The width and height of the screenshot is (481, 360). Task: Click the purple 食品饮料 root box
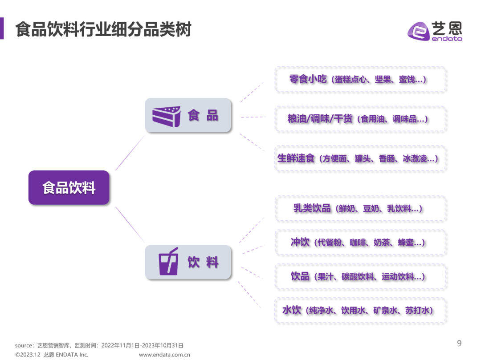point(69,187)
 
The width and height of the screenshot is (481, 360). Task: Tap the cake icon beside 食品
point(166,116)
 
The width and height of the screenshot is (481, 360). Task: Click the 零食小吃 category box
point(360,80)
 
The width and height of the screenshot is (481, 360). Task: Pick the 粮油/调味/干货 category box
point(360,119)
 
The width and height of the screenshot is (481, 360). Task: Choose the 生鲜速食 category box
point(360,158)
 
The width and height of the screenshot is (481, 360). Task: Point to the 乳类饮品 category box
point(360,208)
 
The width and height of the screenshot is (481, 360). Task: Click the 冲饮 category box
point(360,243)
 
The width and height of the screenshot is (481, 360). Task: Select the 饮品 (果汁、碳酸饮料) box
point(360,276)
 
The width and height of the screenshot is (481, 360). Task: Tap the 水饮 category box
point(360,310)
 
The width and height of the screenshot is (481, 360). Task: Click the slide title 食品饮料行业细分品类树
point(103,29)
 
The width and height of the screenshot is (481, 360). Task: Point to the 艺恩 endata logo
point(435,31)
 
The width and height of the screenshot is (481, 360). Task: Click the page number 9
point(459,343)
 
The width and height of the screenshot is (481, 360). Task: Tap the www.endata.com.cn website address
point(164,355)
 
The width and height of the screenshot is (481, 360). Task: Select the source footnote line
point(99,345)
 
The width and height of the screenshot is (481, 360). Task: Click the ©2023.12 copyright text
point(52,355)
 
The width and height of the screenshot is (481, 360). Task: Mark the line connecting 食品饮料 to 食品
point(130,152)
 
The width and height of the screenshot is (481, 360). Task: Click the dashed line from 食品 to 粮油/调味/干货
point(253,117)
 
